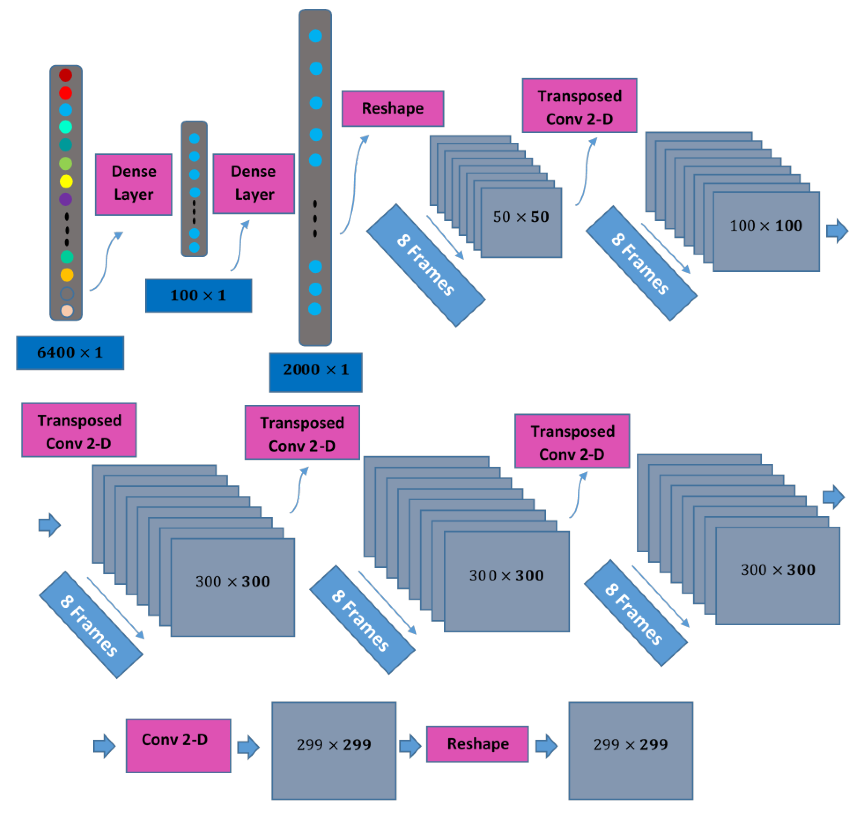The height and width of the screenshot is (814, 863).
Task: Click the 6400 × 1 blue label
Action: [70, 353]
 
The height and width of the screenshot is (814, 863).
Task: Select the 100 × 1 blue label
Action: [198, 296]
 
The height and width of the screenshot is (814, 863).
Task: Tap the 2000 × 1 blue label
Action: [315, 372]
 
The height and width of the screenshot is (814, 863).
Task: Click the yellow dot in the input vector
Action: [66, 181]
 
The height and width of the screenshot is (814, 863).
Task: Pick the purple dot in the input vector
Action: [65, 199]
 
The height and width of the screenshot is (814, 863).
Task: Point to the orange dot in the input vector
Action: [67, 275]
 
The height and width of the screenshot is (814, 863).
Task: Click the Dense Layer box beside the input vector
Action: [134, 184]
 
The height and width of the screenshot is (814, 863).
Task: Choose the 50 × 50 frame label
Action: [521, 217]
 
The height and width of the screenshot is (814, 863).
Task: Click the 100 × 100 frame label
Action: [766, 226]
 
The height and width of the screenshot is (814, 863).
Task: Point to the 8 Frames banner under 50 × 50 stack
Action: [426, 265]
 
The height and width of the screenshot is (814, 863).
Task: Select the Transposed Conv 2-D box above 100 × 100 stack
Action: [579, 106]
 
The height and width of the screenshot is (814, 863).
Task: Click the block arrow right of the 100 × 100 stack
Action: [836, 231]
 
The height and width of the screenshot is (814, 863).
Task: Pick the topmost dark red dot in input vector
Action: [65, 75]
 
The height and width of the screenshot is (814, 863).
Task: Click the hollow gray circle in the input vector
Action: [67, 293]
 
